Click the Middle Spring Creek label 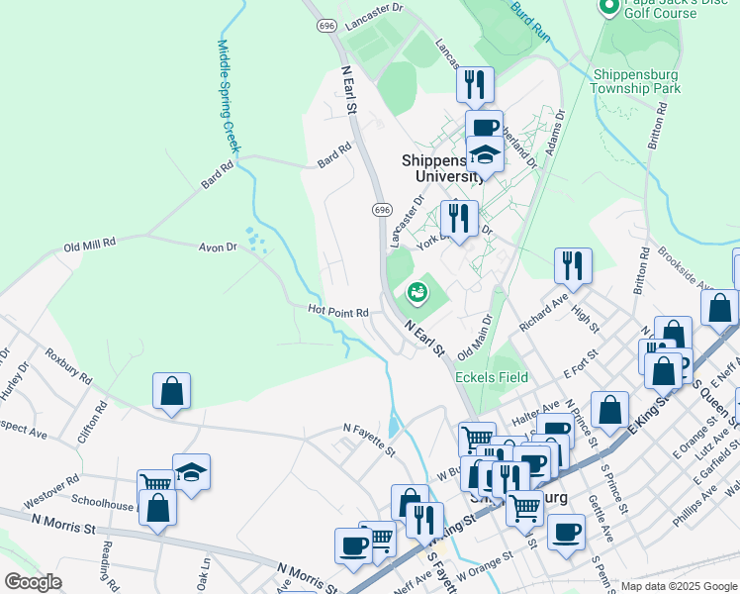(x=230, y=96)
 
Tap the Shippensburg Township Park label (x=636, y=81)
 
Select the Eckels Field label (x=492, y=377)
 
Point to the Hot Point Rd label (x=338, y=312)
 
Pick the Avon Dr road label (x=218, y=247)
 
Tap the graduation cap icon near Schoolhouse (x=191, y=471)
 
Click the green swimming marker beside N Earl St (x=416, y=292)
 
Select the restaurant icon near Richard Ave (x=573, y=265)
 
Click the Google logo (x=34, y=582)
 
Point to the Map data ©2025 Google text (x=678, y=586)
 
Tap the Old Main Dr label (x=475, y=339)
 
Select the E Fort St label (x=582, y=364)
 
